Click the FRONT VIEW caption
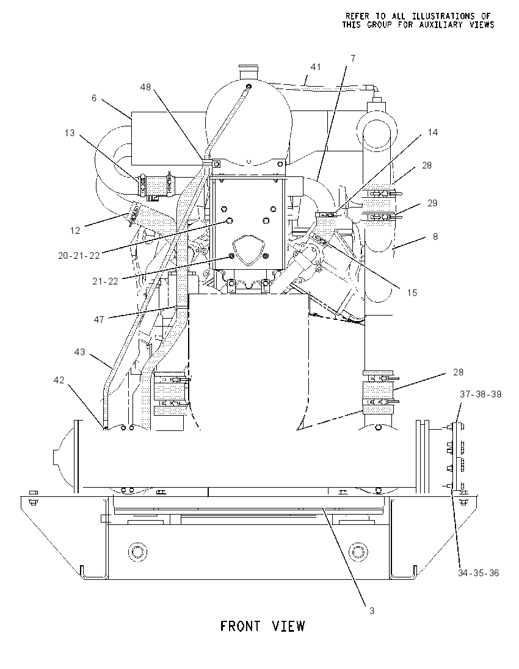pos(263,626)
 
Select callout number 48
pos(145,87)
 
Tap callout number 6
pos(94,98)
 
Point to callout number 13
pos(70,133)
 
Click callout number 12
pos(75,230)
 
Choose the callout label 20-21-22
pos(79,256)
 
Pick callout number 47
pos(98,319)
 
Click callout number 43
pos(80,352)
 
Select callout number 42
pos(59,380)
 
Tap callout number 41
pos(316,67)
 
